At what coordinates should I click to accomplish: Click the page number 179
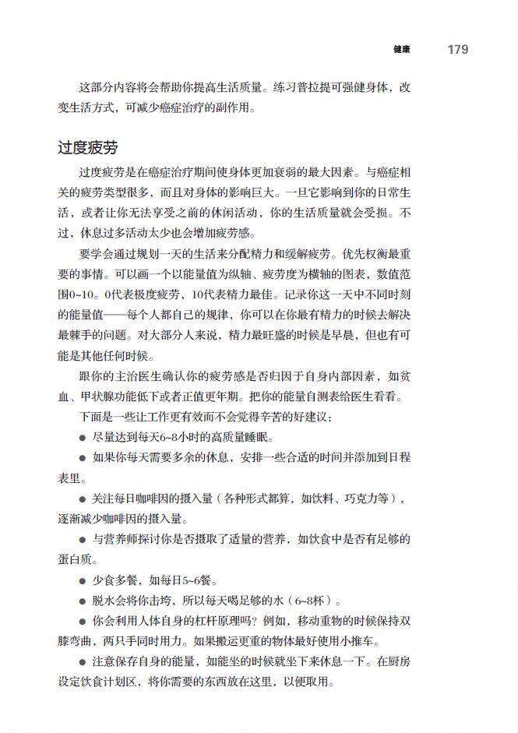click(458, 49)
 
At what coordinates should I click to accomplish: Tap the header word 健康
click(402, 50)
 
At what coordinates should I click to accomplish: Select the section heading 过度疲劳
click(87, 147)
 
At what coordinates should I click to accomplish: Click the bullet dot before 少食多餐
click(82, 580)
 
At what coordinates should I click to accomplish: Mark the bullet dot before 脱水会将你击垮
click(82, 601)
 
